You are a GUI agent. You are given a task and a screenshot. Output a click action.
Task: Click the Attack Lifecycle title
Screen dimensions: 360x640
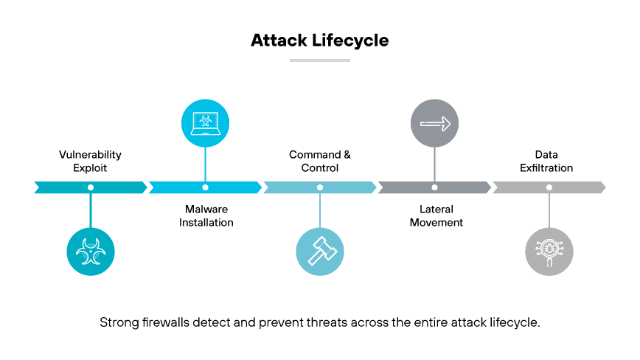pyautogui.click(x=319, y=40)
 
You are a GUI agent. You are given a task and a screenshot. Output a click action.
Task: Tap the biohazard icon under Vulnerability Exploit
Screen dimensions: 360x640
pyautogui.click(x=91, y=252)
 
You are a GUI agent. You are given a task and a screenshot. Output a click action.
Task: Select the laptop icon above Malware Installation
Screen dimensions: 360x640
pyautogui.click(x=205, y=123)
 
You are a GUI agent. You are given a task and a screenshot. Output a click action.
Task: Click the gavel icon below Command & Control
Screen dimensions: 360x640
pyautogui.click(x=320, y=252)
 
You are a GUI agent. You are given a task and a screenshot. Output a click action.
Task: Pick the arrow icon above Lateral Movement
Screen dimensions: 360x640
pyautogui.click(x=434, y=123)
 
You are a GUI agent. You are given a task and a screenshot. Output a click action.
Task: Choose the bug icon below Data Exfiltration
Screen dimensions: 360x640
pyautogui.click(x=549, y=252)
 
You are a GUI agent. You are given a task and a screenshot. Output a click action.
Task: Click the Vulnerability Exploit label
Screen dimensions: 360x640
pyautogui.click(x=90, y=162)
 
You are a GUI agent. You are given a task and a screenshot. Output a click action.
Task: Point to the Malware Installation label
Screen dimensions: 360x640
pyautogui.click(x=206, y=215)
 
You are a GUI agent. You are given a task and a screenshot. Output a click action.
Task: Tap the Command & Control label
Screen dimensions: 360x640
pyautogui.click(x=320, y=162)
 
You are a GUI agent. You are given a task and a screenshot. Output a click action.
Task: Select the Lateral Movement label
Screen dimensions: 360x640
pyautogui.click(x=436, y=215)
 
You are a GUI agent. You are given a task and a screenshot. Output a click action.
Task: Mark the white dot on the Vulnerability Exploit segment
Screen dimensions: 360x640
pyautogui.click(x=91, y=187)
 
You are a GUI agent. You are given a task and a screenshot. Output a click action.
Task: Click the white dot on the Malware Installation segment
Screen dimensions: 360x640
pyautogui.click(x=205, y=187)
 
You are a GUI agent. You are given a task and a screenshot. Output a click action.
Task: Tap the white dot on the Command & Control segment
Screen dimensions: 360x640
pyautogui.click(x=320, y=187)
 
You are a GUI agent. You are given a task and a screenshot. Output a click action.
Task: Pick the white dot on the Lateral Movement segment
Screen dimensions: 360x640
pyautogui.click(x=434, y=187)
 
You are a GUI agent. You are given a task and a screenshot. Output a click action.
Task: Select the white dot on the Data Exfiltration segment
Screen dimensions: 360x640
pyautogui.click(x=549, y=187)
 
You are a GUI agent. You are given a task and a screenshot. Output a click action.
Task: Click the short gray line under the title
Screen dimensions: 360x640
pyautogui.click(x=319, y=60)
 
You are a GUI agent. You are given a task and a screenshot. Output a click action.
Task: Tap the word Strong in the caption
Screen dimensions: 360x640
pyautogui.click(x=116, y=323)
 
